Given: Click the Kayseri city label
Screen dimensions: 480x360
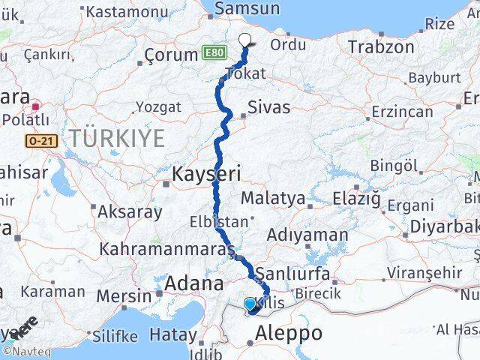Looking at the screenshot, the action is tap(206, 174).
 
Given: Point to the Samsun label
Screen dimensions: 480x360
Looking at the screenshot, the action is tap(247, 9).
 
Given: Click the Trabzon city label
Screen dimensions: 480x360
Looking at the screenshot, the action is tap(380, 46).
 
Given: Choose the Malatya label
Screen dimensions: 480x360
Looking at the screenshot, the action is tap(273, 199).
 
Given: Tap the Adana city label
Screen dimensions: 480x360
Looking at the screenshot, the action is tap(194, 283).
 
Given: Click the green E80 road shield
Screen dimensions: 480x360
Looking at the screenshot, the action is tap(213, 53).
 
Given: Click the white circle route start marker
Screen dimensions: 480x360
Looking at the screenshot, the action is tap(244, 40).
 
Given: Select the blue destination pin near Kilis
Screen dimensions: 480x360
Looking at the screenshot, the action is tap(250, 304).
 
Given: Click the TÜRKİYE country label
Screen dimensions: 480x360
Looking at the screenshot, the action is tap(117, 138).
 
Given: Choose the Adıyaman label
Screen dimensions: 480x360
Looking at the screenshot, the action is tap(307, 235).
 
